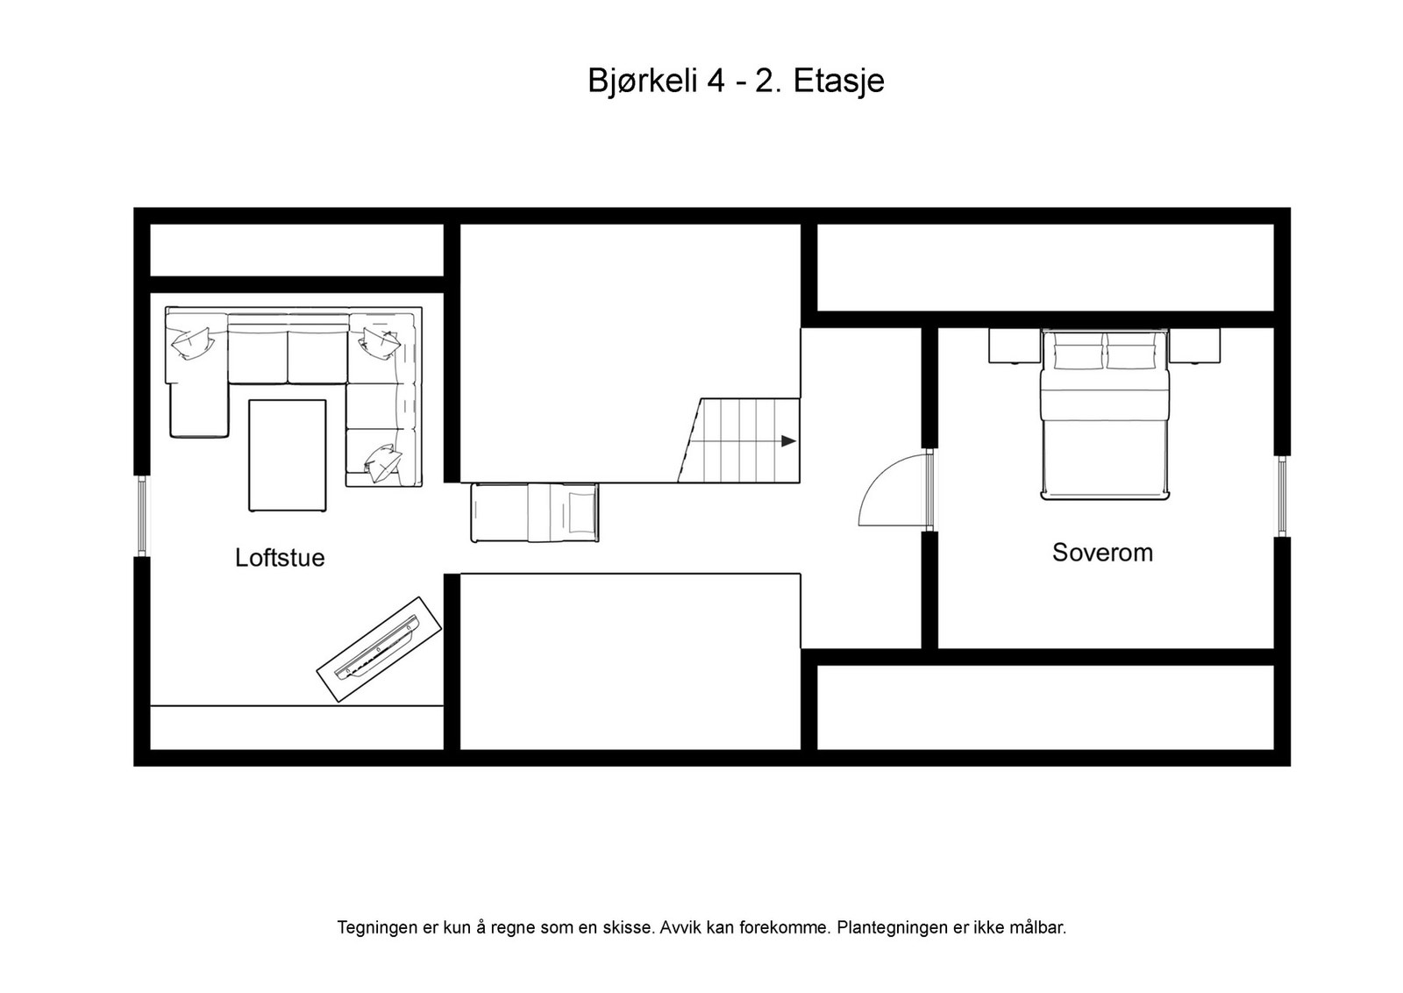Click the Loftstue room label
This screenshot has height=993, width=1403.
tap(280, 558)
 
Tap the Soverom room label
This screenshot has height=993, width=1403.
tap(1102, 553)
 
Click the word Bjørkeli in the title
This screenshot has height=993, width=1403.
tap(643, 82)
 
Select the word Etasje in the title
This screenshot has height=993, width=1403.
tap(838, 82)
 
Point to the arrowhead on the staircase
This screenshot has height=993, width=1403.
tap(788, 441)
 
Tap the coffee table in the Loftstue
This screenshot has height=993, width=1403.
tap(288, 455)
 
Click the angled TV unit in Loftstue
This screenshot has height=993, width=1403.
tap(379, 648)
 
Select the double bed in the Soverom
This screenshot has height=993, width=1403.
tap(1105, 415)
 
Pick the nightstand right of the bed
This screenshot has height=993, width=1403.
tap(1194, 346)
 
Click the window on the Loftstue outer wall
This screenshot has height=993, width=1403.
tap(141, 516)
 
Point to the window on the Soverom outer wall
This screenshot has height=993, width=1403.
tap(1282, 496)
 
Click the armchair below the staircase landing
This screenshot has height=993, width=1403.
tap(535, 512)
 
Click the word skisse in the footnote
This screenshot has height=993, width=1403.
tap(629, 927)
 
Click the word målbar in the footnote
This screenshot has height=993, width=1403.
tap(1035, 927)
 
